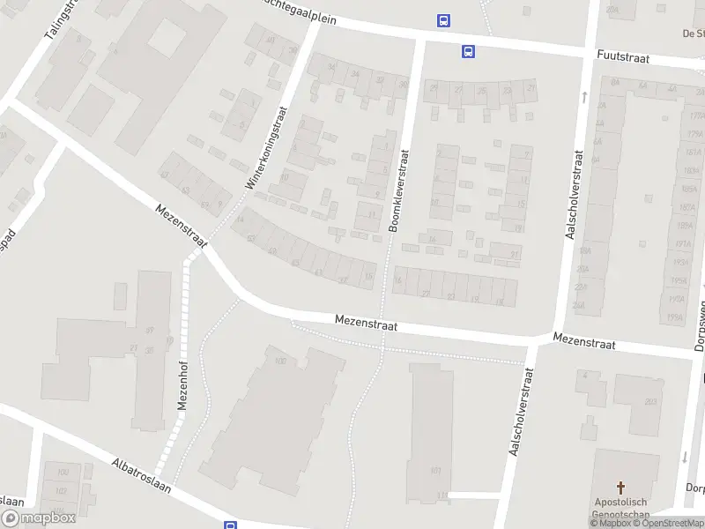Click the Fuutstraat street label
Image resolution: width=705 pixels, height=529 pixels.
(x=622, y=57)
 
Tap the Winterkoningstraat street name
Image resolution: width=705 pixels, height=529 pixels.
(x=267, y=148)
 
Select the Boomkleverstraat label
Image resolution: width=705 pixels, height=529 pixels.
(x=400, y=190)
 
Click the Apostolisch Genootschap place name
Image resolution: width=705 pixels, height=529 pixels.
(x=621, y=509)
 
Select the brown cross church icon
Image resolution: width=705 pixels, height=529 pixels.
(x=621, y=488)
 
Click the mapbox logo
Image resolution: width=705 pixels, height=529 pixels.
(x=39, y=518)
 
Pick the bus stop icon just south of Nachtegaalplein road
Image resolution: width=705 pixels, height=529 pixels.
(x=468, y=51)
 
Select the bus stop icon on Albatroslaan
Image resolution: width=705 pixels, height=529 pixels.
(x=230, y=525)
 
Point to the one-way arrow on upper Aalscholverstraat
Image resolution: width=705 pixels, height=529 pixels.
(x=583, y=95)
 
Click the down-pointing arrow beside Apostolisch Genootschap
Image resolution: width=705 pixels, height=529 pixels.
(x=684, y=457)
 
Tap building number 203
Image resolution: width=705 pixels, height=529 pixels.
(x=650, y=402)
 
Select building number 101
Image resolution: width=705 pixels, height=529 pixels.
(x=435, y=470)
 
